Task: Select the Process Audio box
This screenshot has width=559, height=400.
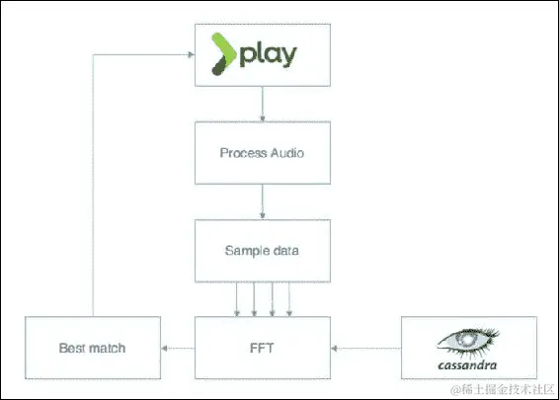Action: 261,152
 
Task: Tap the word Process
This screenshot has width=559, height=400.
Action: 242,153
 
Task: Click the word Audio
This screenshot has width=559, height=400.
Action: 285,153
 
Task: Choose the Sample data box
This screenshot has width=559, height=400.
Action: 261,250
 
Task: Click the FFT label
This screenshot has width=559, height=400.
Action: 261,348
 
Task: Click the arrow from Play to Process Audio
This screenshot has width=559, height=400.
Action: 261,104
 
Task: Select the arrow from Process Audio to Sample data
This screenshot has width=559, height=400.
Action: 261,201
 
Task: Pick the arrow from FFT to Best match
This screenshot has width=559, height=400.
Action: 178,348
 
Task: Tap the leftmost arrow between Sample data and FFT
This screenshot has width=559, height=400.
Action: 235,298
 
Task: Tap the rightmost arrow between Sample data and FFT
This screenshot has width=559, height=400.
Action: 288,298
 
